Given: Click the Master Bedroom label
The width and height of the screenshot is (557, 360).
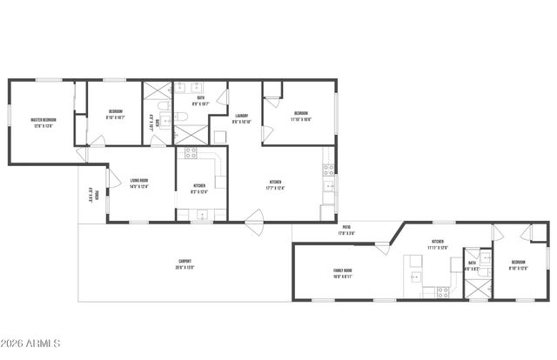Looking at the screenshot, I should pos(43,123).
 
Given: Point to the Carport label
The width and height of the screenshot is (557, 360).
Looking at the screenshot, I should pos(185,264).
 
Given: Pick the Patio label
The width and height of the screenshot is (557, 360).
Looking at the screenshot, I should pos(346,230).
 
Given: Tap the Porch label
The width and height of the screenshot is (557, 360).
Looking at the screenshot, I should pos(93,195).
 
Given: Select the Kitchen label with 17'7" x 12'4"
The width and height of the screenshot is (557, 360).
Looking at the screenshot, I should pos(275,183).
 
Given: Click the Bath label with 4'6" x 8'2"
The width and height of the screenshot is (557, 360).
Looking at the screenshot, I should pos(472,264).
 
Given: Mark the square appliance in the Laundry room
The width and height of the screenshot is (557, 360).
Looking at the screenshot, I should pos(220,137).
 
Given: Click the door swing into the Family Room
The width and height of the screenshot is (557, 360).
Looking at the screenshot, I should pos(380,248).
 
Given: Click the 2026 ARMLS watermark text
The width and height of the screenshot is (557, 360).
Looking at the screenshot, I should pos(30,346).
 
